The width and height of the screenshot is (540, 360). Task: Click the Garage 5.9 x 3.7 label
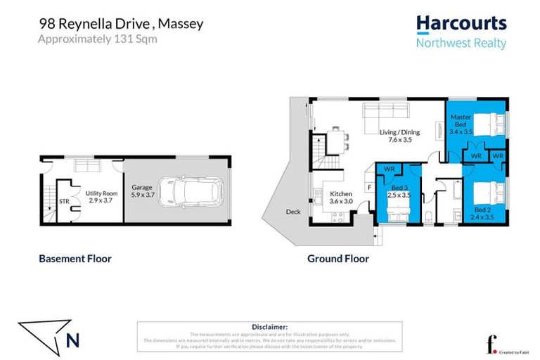142,192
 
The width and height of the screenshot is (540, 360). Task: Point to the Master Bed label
460,124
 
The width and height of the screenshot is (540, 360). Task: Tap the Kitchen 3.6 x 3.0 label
341,198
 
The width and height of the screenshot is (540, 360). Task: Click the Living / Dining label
399,136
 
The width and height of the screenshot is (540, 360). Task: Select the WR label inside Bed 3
388,169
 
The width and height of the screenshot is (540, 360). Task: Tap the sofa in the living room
385,112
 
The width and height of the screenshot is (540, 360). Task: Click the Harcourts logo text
461,24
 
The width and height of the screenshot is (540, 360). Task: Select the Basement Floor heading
75,259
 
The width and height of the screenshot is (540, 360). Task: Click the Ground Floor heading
337,259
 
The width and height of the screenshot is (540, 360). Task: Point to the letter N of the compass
72,340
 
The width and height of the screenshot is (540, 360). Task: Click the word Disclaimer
269,327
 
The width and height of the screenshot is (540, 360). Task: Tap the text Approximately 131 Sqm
97,39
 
